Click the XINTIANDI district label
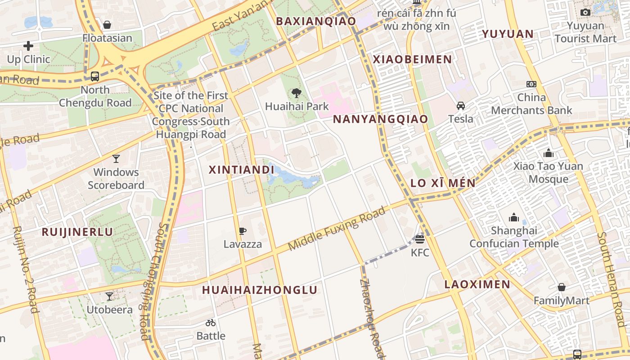pos(241,170)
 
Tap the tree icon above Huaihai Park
pos(296,93)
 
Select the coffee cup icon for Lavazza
pos(243,231)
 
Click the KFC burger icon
pos(420,239)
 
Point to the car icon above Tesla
pos(460,106)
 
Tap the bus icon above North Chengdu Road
pos(95,76)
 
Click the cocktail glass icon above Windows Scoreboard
pos(116,158)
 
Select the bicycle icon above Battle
pos(211,323)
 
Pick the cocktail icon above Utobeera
pos(109,297)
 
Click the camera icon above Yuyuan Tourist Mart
pos(585,13)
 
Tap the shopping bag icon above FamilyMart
pos(561,287)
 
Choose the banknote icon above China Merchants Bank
pos(531,84)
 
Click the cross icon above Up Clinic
pos(28,46)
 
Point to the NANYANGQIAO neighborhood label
pos(380,119)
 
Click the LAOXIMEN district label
pos(477,284)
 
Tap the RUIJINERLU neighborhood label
pos(77,232)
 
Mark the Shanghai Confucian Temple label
pos(514,237)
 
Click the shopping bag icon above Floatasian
pos(107,25)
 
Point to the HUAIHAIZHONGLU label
pos(260,290)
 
